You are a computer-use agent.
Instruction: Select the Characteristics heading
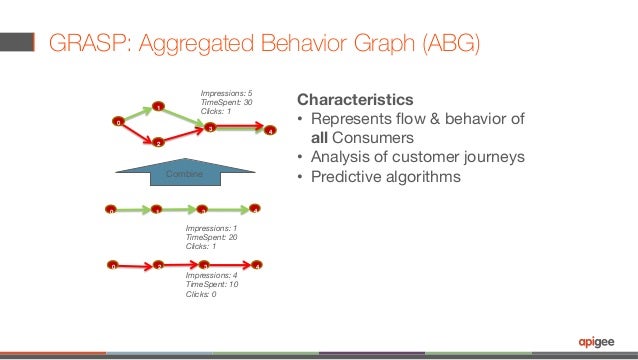coord(354,101)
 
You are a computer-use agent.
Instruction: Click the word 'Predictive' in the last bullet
coord(354,176)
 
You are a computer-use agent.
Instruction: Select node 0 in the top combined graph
coord(117,123)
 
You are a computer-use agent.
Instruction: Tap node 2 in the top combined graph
coord(158,143)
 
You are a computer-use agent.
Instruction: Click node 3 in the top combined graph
coord(210,126)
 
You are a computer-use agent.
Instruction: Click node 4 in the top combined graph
coord(269,130)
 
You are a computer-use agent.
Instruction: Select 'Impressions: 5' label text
coord(226,93)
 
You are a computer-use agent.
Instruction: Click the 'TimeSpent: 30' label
coord(226,102)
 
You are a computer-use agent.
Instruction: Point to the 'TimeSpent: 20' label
coord(212,237)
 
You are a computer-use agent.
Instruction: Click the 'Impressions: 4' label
coord(212,275)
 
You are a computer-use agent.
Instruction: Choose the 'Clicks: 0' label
coord(201,294)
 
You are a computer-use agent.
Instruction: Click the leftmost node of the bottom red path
coord(113,266)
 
